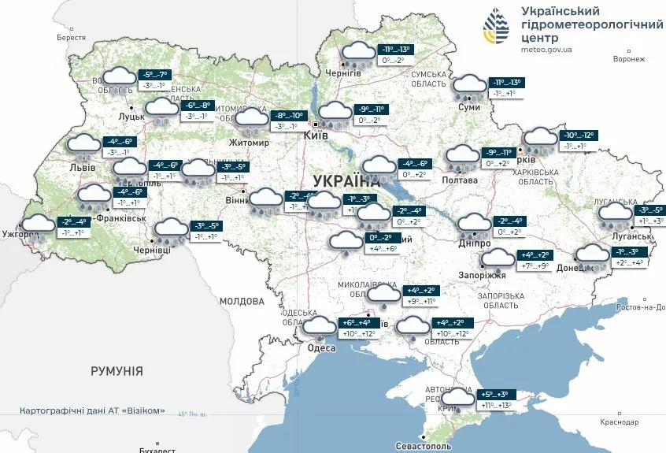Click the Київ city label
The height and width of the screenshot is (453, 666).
click(318, 136)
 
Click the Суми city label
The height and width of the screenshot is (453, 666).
click(469, 106)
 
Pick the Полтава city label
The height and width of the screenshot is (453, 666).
click(461, 180)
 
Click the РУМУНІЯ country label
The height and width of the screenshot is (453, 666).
click(117, 370)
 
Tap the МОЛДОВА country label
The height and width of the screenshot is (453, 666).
click(242, 301)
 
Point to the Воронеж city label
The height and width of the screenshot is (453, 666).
click(628, 59)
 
